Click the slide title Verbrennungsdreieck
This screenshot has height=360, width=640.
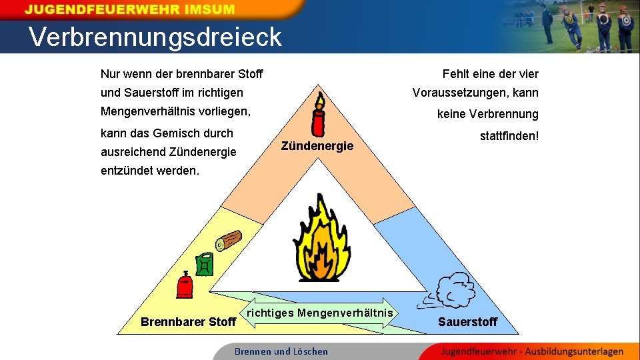pos(155,37)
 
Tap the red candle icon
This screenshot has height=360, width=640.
pos(319,119)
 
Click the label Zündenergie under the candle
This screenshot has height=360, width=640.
pos(317,145)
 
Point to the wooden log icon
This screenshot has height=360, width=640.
pos(228,241)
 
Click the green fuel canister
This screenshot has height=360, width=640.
pos(204,265)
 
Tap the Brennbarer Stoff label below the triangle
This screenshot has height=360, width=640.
pos(189,322)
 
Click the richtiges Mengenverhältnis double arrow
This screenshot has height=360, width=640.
pos(321,313)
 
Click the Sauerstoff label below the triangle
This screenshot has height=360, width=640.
pos(467,322)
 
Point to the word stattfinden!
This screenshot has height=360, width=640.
pos(509,136)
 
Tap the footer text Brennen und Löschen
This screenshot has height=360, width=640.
pos(281,351)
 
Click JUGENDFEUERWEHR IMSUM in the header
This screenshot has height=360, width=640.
pos(130,10)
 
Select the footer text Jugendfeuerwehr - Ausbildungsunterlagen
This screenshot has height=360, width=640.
pos(532,351)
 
